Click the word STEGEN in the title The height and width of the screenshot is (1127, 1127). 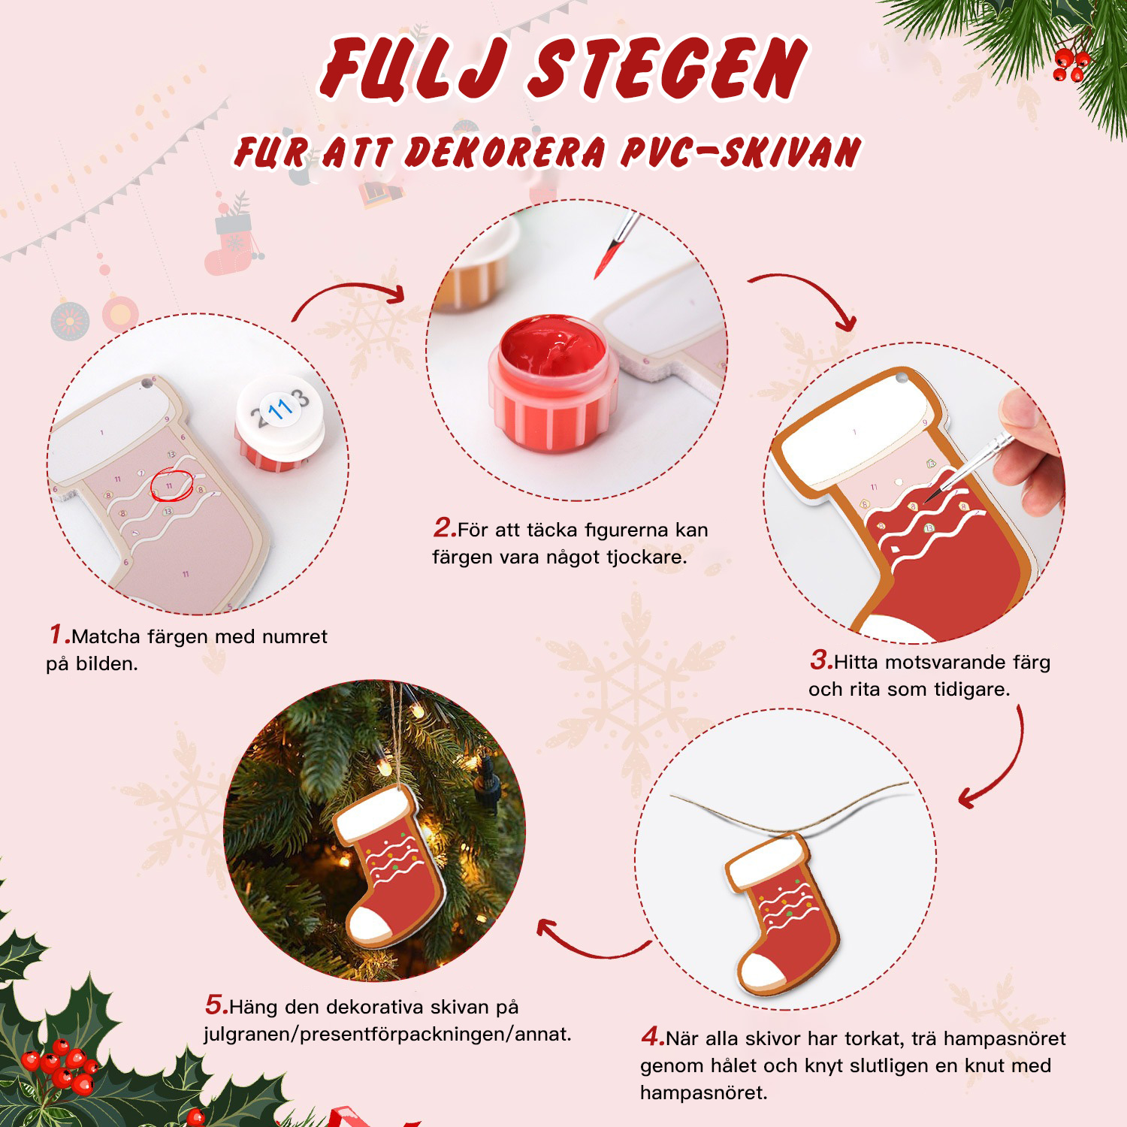click(x=667, y=69)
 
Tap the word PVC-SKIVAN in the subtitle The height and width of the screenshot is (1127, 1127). click(x=740, y=153)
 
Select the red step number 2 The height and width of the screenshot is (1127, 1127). click(x=443, y=528)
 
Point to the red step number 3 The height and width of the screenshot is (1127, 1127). click(x=820, y=660)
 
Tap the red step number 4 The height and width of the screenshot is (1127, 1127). click(x=651, y=1038)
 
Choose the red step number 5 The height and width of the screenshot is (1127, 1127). click(x=215, y=1005)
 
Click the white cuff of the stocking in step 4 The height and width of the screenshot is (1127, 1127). click(x=766, y=860)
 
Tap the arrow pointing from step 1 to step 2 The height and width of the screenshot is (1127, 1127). click(x=349, y=298)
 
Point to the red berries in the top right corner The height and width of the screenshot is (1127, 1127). click(x=1070, y=63)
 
